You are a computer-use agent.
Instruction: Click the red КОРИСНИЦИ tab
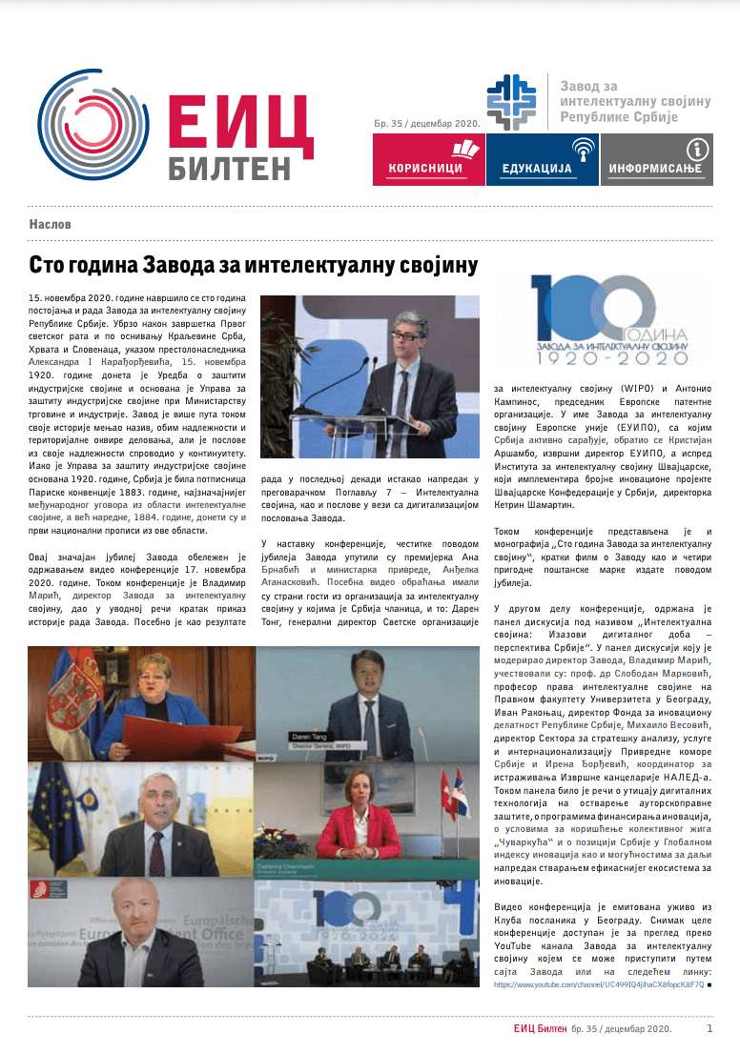tap(426, 159)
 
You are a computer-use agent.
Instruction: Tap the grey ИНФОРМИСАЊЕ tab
tap(656, 159)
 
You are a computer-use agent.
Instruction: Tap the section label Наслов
tap(51, 225)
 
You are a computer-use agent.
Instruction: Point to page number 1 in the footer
tap(709, 1029)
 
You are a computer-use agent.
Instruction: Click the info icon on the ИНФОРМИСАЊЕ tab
tap(698, 148)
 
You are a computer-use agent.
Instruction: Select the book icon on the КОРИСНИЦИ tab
tap(464, 149)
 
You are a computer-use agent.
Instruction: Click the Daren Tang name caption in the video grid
tap(309, 737)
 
